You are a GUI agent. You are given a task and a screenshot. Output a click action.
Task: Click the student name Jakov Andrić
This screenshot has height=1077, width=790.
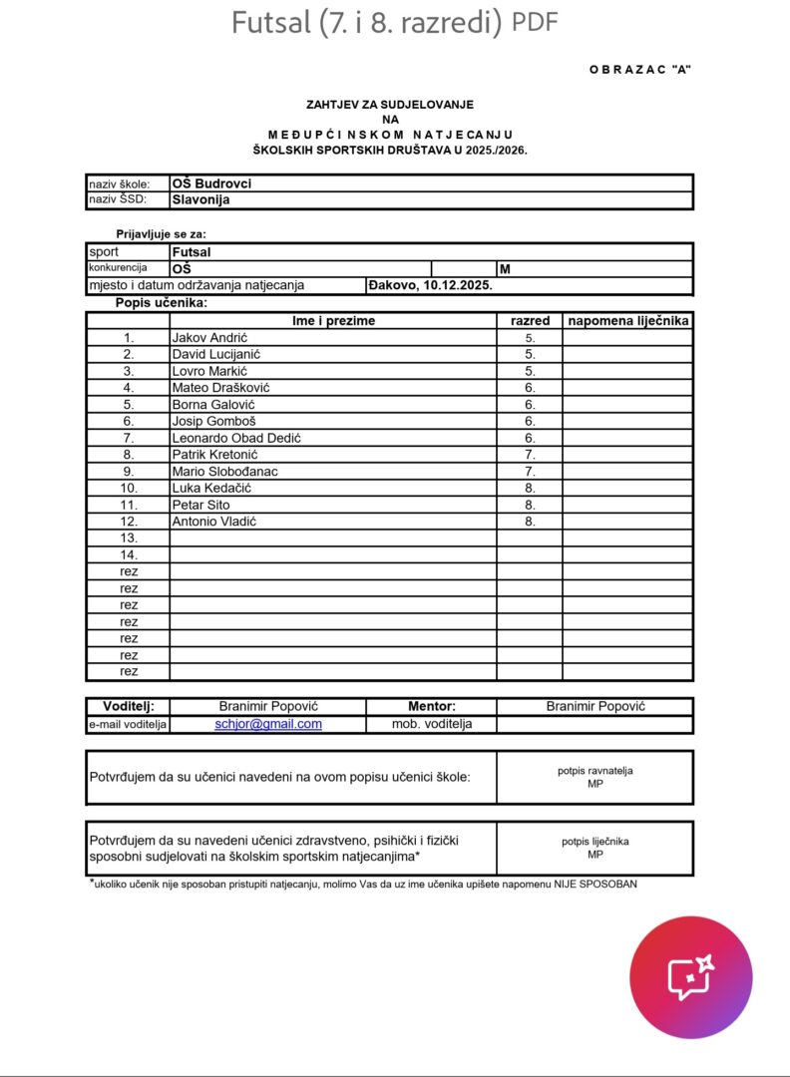pos(209,338)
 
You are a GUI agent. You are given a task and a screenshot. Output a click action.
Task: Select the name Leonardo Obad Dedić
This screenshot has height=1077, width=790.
pos(236,438)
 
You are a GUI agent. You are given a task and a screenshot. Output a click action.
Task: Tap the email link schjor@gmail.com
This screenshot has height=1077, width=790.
pos(268,724)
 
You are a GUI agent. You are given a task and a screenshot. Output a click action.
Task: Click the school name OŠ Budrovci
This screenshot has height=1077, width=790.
pos(211,183)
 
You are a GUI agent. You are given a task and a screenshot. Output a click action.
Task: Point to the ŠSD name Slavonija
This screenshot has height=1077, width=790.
pos(200,199)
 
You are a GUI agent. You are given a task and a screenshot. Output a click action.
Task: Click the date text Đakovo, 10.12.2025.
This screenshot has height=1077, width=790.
pos(431,285)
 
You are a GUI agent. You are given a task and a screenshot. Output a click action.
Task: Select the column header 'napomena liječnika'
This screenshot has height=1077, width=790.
pos(627,321)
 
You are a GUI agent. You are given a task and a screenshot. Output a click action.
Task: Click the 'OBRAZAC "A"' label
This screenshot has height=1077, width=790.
pos(640,69)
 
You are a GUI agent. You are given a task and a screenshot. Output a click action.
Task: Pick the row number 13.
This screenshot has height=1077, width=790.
pos(129,538)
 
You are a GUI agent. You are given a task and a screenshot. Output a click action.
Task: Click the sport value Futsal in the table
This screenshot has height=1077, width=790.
pos(192,252)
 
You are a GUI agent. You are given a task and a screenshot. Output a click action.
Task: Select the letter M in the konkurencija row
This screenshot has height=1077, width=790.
pos(505,269)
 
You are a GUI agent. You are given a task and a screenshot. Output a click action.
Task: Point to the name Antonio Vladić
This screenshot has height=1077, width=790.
pos(214,522)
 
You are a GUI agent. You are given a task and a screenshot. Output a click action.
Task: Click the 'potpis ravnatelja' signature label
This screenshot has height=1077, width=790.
pos(594,771)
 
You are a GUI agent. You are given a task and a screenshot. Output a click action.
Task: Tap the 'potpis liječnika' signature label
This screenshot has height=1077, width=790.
pos(594,842)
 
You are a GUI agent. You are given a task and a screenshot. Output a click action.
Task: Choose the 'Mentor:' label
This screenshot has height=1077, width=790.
pos(431,706)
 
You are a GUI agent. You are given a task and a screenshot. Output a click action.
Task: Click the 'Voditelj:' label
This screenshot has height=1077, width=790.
pos(129,706)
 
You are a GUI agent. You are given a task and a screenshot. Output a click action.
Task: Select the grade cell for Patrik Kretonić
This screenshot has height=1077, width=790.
pos(530,455)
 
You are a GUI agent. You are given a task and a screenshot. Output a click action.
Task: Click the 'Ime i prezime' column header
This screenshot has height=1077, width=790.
pos(333,321)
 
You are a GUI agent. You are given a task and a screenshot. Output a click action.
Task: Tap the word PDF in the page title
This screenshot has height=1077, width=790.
pos(536,22)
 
